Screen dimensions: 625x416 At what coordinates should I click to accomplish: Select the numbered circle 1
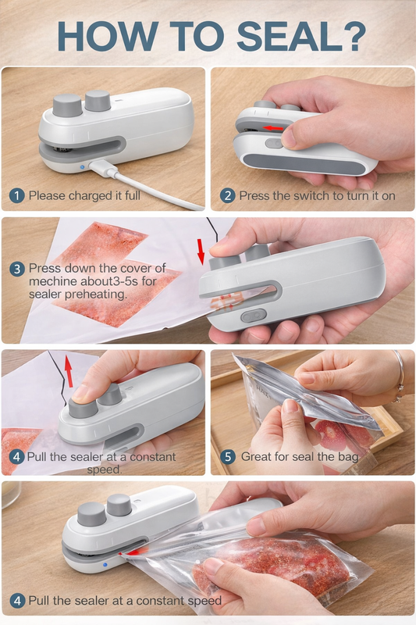(x=16, y=195)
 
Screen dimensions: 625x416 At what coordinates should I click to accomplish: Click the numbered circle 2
(x=227, y=195)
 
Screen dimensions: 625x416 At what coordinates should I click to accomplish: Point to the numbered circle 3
(x=16, y=268)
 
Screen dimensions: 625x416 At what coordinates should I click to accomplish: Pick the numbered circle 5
(x=227, y=456)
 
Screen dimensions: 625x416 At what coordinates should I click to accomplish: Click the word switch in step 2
(x=304, y=195)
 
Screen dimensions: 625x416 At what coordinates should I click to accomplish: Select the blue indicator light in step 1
(x=81, y=166)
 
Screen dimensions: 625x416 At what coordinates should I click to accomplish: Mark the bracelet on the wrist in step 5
(x=399, y=367)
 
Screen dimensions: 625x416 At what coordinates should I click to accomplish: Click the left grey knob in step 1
(x=68, y=104)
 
